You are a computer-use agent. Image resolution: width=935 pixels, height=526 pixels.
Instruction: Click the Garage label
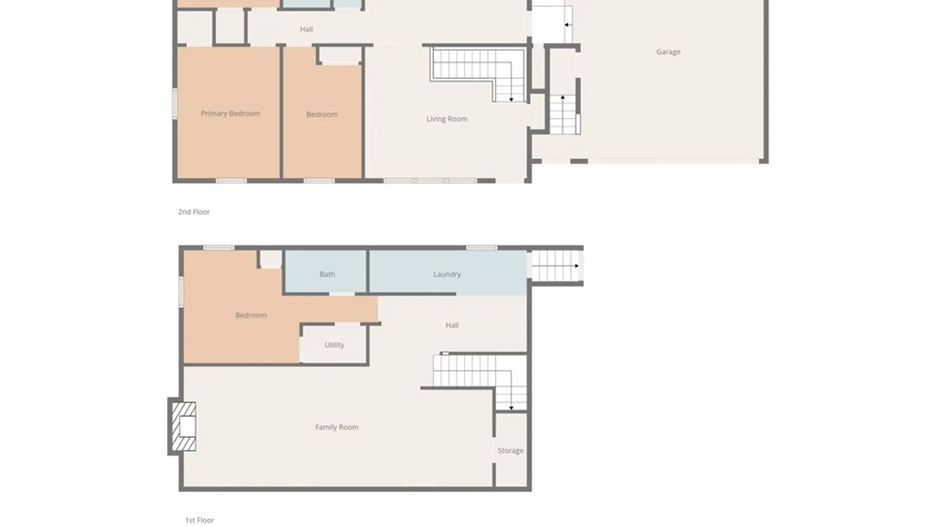668,52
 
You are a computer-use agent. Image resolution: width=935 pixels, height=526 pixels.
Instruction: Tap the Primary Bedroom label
231,113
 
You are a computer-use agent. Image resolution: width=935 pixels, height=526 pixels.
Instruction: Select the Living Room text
447,119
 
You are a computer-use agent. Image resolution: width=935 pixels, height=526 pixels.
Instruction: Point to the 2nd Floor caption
194,212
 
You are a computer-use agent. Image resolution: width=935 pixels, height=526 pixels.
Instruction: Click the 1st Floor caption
200,520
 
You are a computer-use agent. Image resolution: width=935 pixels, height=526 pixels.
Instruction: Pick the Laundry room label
447,274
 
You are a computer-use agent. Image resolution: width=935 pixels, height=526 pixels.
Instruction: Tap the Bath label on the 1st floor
327,274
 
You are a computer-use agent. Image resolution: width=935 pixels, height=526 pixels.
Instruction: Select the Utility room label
335,345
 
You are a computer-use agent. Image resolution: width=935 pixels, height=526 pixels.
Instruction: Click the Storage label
510,451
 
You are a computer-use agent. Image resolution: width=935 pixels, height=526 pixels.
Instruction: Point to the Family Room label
337,427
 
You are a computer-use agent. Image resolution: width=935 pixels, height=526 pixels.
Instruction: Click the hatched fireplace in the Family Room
184,426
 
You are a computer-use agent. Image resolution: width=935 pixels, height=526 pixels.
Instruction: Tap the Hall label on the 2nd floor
306,29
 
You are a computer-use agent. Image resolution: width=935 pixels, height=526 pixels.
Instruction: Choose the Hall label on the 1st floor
452,325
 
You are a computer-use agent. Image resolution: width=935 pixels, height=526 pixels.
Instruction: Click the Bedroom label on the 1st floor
251,315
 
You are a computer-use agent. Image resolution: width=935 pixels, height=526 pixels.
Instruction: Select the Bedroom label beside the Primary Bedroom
322,114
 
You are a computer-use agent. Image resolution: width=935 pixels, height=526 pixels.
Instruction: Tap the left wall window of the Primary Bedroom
175,104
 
